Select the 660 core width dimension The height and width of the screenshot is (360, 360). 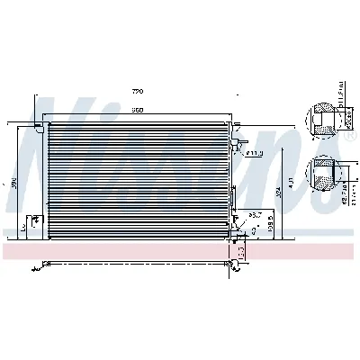pyautogui.click(x=138, y=110)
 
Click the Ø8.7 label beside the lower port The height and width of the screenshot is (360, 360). pyautogui.click(x=256, y=214)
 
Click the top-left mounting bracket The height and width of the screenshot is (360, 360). pyautogui.click(x=40, y=127)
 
